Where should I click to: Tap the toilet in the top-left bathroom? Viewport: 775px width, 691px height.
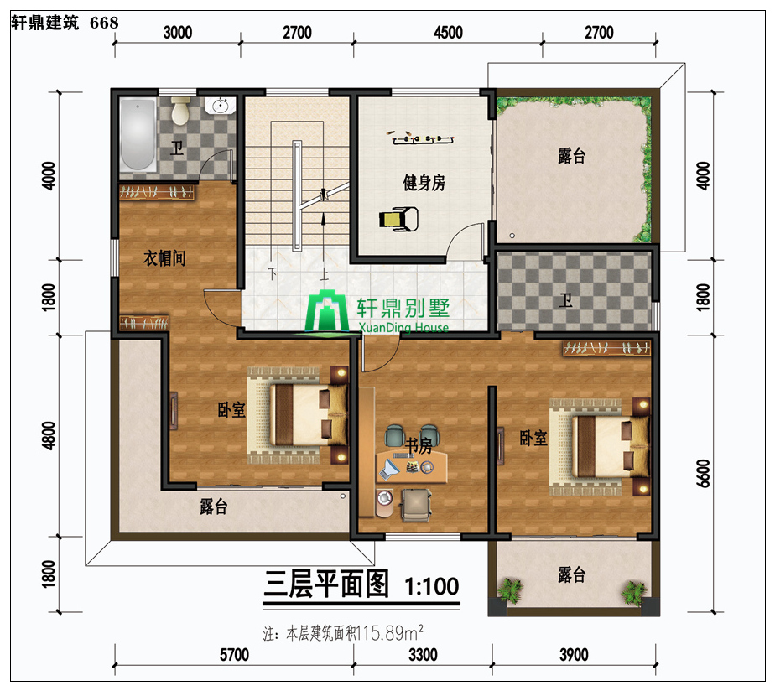coord(180,110)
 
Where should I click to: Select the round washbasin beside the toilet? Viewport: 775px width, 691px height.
coord(220,106)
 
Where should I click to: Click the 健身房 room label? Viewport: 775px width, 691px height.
coord(424,182)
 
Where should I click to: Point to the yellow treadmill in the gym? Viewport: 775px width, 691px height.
coord(398,219)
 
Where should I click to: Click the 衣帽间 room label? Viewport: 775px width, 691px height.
coord(164,258)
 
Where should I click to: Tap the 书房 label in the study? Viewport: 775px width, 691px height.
coord(419,445)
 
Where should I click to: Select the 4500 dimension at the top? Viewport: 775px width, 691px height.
coord(448,33)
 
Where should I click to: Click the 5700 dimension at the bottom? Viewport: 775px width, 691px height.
coord(234,655)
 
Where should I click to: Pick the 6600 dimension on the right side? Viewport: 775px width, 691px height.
coord(704,473)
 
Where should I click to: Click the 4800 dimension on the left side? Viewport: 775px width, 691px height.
coord(49,435)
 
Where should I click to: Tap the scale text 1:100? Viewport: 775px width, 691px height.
coord(432,587)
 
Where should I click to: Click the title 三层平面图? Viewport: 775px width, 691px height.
coord(326,584)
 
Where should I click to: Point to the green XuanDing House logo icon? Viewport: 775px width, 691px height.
coord(327,312)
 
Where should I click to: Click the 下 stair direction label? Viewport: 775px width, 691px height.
coord(273,273)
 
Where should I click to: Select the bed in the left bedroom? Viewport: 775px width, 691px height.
coord(297,415)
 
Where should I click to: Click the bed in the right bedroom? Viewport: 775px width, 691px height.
coord(600,447)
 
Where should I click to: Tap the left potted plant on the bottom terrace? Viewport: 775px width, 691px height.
coord(510,590)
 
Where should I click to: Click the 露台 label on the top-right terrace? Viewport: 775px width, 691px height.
coord(572,156)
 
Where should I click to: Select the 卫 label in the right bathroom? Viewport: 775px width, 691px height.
coord(565,300)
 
